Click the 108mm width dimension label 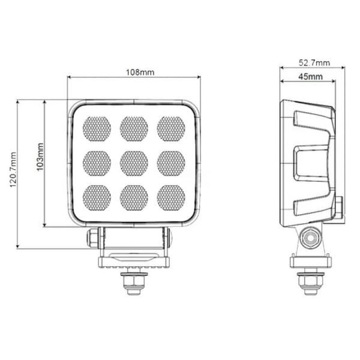tap(139, 73)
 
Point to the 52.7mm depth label tap(313, 62)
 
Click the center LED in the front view tap(134, 161)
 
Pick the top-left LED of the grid tap(97, 128)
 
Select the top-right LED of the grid tap(171, 128)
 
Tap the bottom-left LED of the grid tap(97, 196)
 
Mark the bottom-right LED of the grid tap(171, 196)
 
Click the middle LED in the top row tap(134, 128)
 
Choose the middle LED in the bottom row tap(134, 196)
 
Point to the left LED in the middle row tap(97, 161)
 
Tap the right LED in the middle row tap(171, 161)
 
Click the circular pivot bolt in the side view tap(311, 238)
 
